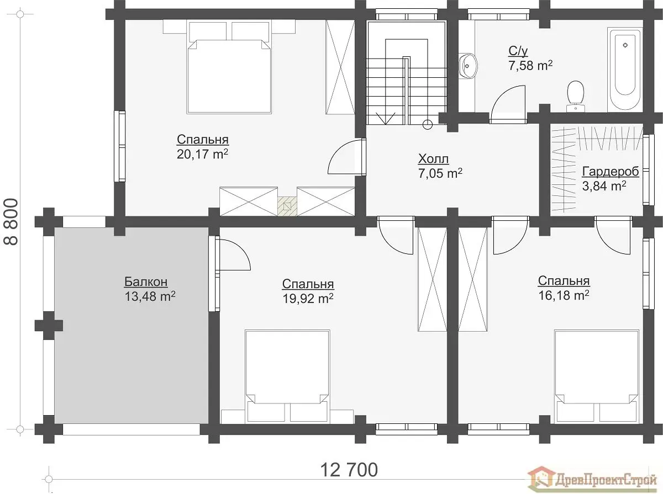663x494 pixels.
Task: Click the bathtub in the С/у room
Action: point(625,70)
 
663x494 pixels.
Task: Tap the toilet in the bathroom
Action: point(575,96)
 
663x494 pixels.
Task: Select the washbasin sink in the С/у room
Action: point(467,66)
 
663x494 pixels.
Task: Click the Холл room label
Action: point(433,159)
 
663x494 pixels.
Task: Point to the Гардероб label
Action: point(611,172)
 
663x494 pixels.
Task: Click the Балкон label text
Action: point(146,282)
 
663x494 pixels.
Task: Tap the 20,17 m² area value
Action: point(202,154)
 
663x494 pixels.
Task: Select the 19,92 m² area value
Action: point(308,299)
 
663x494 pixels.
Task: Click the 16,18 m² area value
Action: point(564,295)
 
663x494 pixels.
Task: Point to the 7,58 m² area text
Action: point(530,66)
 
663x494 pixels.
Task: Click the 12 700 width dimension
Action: point(349,470)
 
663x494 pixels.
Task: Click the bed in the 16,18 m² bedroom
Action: point(597,376)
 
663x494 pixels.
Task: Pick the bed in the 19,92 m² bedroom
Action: point(287,376)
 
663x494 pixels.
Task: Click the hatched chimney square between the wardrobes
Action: point(287,206)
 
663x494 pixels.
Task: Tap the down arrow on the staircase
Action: point(386,118)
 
